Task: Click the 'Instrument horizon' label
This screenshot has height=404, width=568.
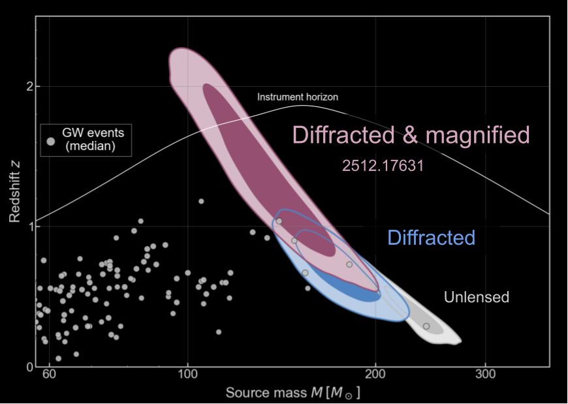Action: [298, 97]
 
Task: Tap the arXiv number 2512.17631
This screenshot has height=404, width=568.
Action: [383, 166]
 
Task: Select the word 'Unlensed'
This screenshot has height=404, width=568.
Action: [476, 298]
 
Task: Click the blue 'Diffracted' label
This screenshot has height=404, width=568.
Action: [431, 238]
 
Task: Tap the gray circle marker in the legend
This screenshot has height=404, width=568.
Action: [51, 140]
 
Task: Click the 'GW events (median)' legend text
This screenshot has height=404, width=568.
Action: [92, 140]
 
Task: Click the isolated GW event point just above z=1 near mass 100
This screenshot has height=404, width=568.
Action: [201, 201]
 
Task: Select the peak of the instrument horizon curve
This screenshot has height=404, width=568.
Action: [302, 105]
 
